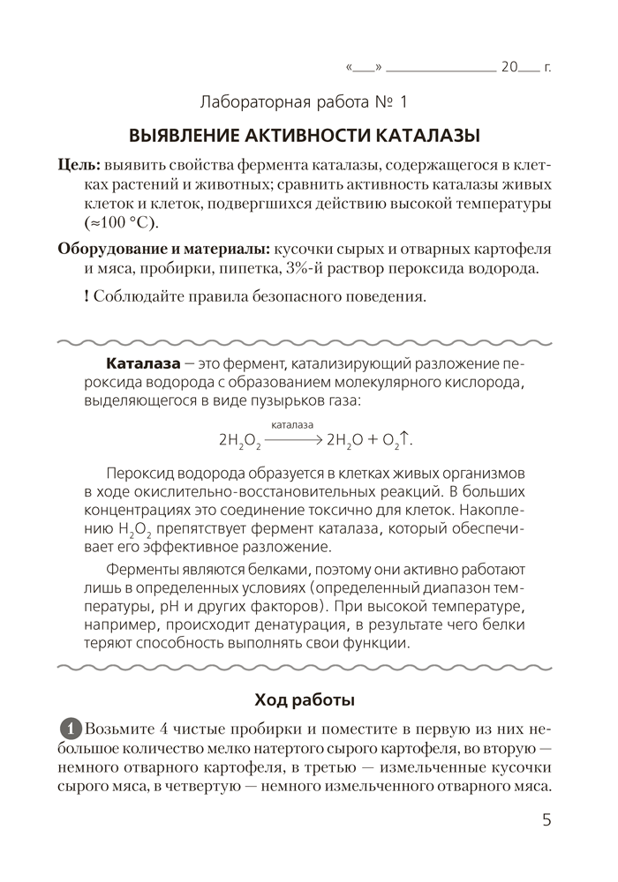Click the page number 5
[546, 819]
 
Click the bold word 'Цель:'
[79, 166]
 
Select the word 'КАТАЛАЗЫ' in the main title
[421, 136]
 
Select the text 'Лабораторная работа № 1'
[305, 101]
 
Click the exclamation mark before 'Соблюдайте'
[87, 296]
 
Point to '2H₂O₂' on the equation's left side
[239, 439]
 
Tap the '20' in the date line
[511, 66]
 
